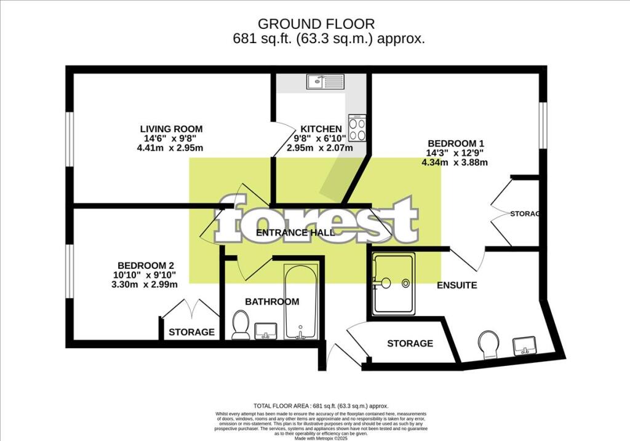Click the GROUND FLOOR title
(x=316, y=24)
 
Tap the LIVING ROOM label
(x=171, y=129)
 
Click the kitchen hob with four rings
(x=357, y=129)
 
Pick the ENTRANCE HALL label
(x=295, y=232)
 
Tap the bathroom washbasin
(x=267, y=330)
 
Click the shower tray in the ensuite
(x=393, y=283)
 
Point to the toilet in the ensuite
(x=490, y=345)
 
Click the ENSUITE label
(x=457, y=285)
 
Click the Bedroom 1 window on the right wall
(x=543, y=125)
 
